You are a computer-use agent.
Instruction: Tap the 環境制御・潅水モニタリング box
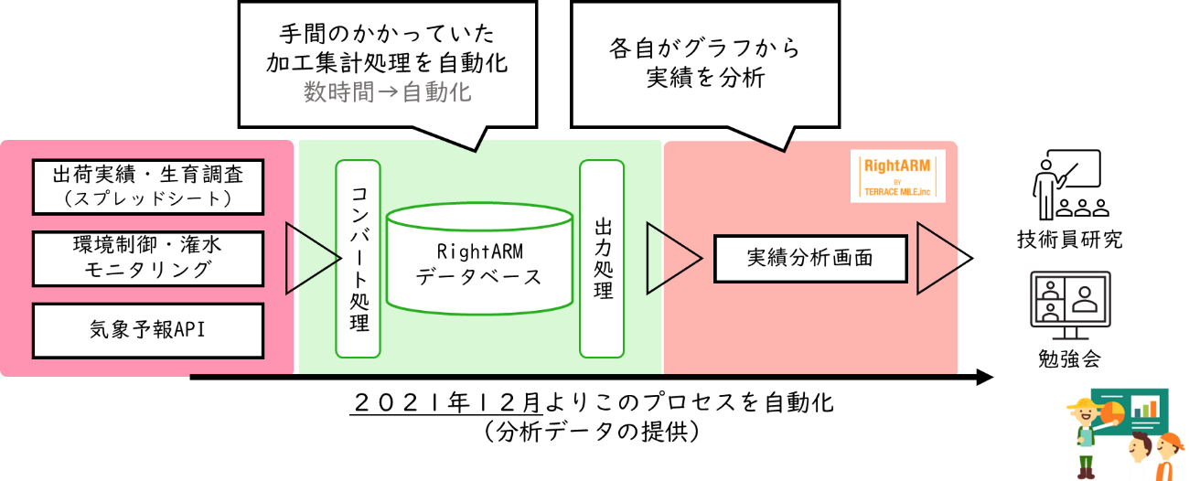coord(147,257)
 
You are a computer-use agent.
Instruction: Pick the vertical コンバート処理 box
coord(359,258)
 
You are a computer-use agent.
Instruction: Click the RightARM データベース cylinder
coord(478,260)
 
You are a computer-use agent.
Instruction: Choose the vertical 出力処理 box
coord(602,258)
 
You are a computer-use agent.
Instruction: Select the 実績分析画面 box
coord(809,258)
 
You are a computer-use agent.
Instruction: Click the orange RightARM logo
coord(897,176)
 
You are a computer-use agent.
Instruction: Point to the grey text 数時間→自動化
coord(387,92)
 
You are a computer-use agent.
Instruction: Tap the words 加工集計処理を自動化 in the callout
coord(387,63)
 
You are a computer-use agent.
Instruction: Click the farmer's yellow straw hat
coord(1083,404)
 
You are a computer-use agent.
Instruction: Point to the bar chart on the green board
coord(1144,406)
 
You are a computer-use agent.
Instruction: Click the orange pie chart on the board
coord(1112,412)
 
